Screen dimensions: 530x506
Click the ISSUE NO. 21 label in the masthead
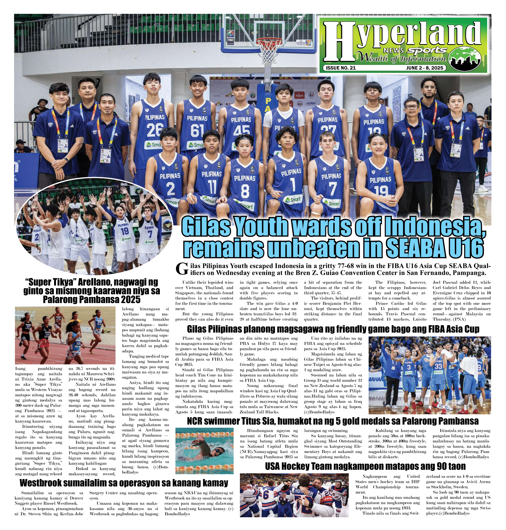[341, 68]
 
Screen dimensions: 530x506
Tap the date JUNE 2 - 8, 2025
[424, 68]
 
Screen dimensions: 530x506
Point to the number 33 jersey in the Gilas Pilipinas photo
[438, 366]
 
